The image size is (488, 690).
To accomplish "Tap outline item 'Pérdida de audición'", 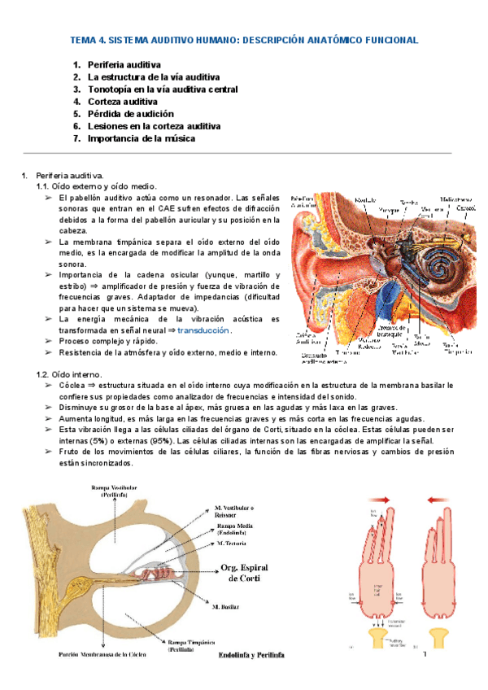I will point(130,114).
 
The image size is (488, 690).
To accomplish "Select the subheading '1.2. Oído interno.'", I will point(68,373).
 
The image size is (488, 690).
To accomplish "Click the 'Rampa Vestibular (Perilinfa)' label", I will point(113,490).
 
